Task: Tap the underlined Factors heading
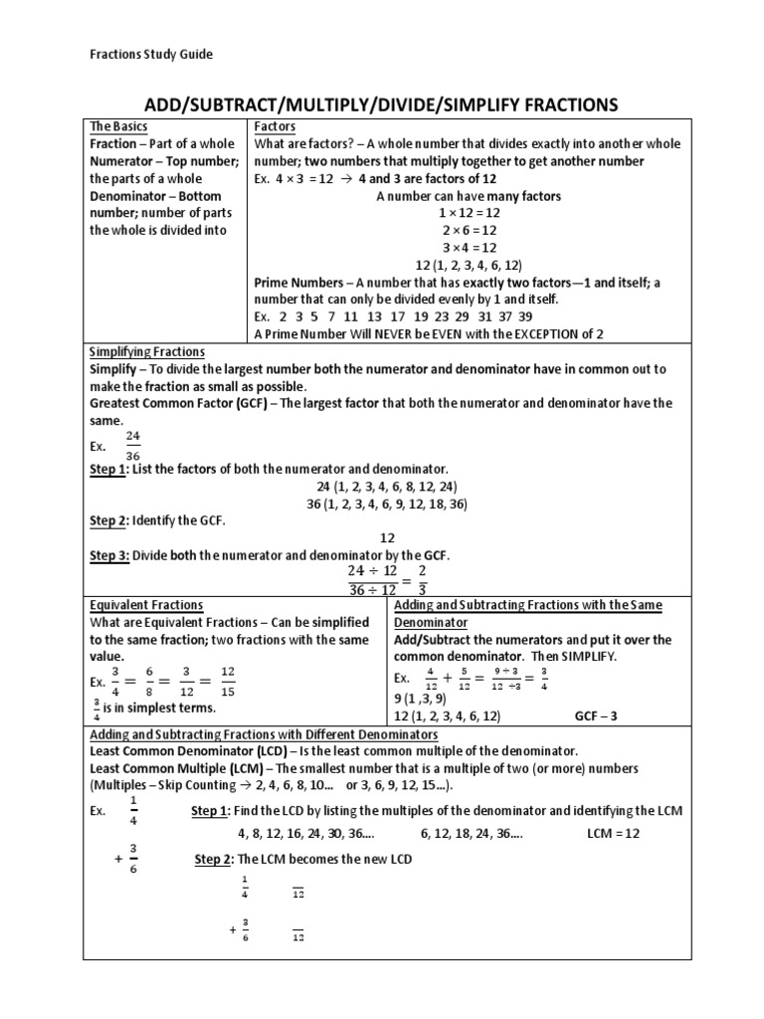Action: click(x=276, y=126)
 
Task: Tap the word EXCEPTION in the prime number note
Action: click(x=536, y=333)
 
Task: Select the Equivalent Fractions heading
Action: click(x=146, y=604)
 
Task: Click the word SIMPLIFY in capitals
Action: click(x=585, y=657)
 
